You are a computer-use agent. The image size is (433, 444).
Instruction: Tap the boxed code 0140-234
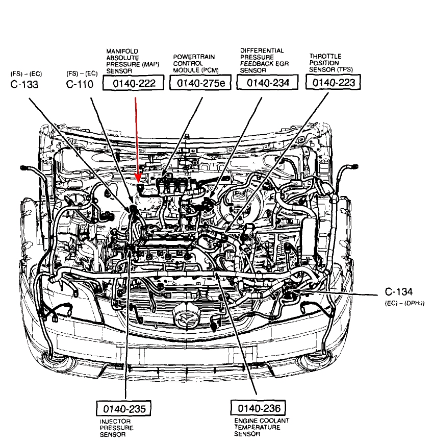[x=267, y=83]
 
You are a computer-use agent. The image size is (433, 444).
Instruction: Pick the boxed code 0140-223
[x=333, y=82]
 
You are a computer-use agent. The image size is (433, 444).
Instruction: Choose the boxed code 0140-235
[x=124, y=409]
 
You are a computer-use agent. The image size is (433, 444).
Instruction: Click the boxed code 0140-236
[x=258, y=408]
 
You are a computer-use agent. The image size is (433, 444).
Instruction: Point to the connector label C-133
[x=24, y=84]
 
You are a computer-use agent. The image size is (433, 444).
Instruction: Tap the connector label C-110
[x=80, y=84]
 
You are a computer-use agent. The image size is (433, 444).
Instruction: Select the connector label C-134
[x=399, y=292]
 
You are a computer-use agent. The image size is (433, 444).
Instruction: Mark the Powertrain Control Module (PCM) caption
[x=193, y=63]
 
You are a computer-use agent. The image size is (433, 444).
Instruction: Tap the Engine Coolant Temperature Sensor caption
[x=262, y=427]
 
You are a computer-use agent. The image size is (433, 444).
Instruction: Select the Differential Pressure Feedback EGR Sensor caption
[x=262, y=60]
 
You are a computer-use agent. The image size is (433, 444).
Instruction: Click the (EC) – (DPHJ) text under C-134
[x=406, y=303]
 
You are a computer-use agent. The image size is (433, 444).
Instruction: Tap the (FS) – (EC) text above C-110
[x=82, y=73]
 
